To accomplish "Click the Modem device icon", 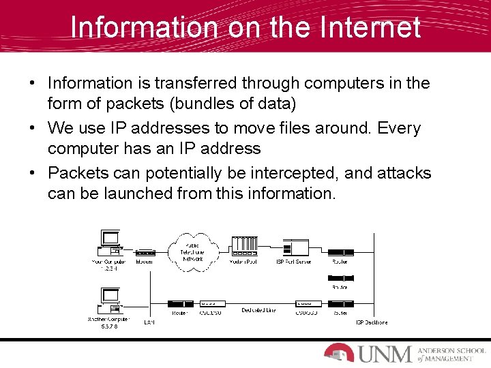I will point(145,253).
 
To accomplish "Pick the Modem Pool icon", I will point(243,247).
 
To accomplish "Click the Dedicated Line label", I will point(259,311).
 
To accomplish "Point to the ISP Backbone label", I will point(372,322).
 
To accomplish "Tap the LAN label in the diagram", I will point(149,322).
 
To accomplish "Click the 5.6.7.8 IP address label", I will point(109,327).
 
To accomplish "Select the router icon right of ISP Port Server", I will point(339,253).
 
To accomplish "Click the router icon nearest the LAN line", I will point(178,304).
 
